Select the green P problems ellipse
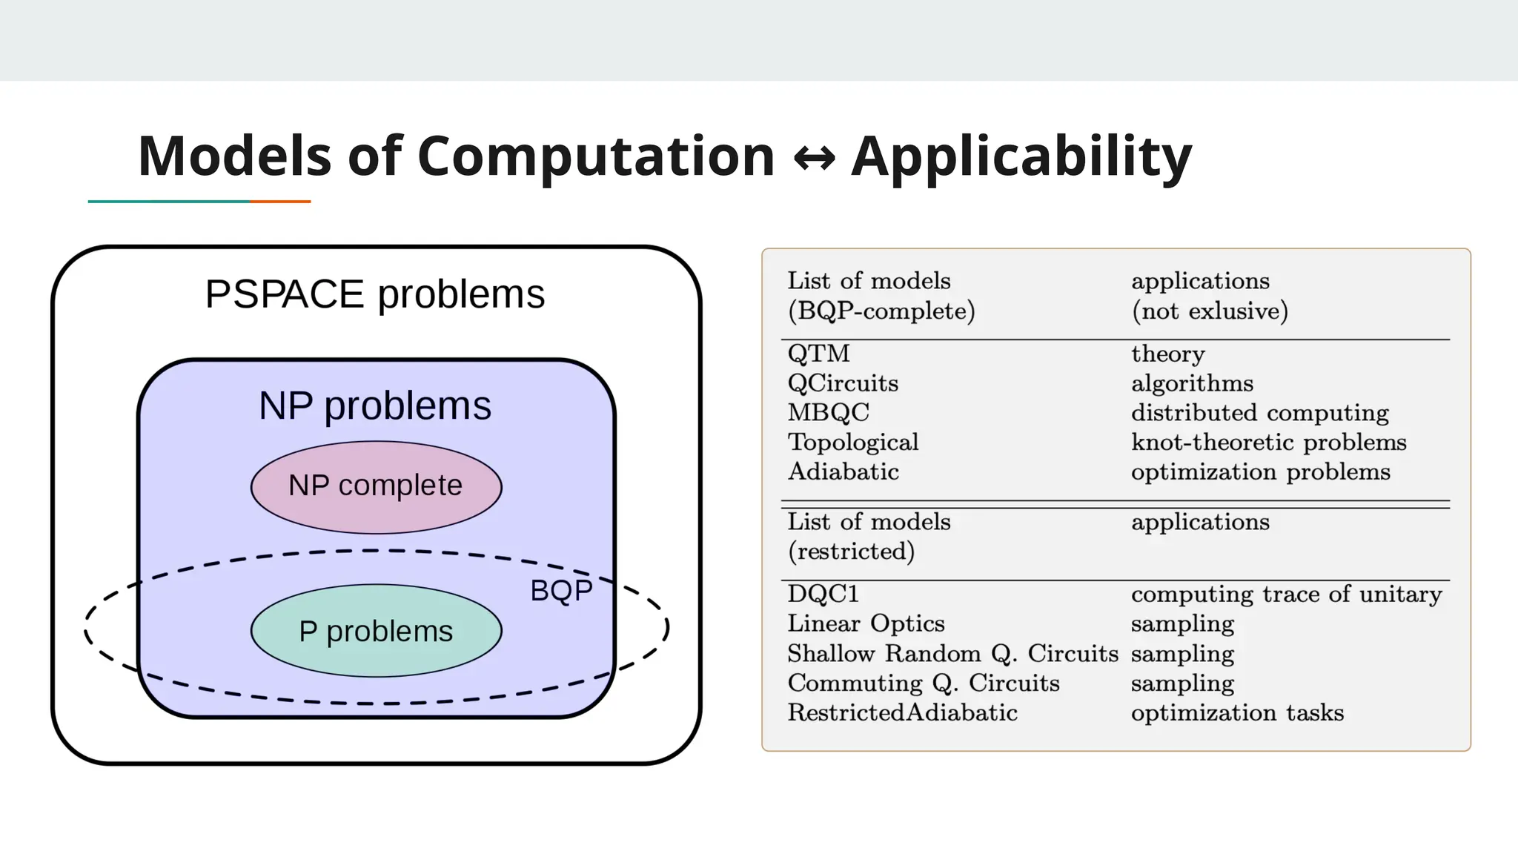pyautogui.click(x=376, y=631)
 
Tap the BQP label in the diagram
pyautogui.click(x=561, y=591)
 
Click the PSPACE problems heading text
pyautogui.click(x=375, y=294)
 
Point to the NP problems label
pyautogui.click(x=375, y=406)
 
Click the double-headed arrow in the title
pyautogui.click(x=813, y=158)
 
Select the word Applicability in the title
pyautogui.click(x=1021, y=156)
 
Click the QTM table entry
pyautogui.click(x=818, y=354)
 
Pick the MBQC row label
pyautogui.click(x=828, y=412)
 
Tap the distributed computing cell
pyautogui.click(x=1259, y=412)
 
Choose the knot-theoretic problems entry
pyautogui.click(x=1268, y=442)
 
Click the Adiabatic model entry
pyautogui.click(x=843, y=471)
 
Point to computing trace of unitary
pyautogui.click(x=1286, y=594)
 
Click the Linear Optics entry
pyautogui.click(x=866, y=623)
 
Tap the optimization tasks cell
pyautogui.click(x=1237, y=712)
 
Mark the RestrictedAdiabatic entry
pyautogui.click(x=902, y=712)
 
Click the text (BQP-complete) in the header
pyautogui.click(x=881, y=311)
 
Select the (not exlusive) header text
pyautogui.click(x=1210, y=311)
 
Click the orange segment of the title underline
pyautogui.click(x=280, y=201)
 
